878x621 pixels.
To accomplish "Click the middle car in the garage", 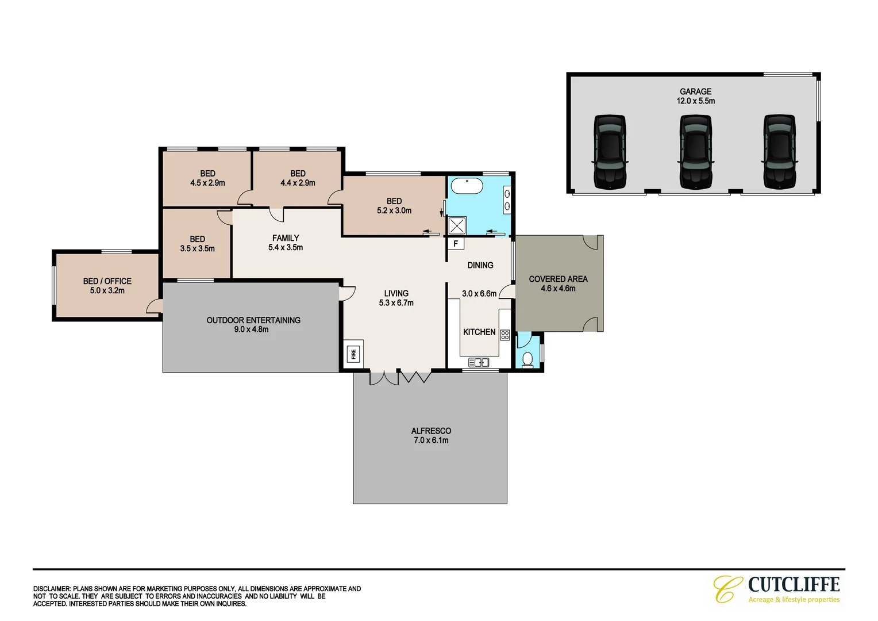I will click(695, 152).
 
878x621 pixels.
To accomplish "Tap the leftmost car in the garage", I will click(609, 152).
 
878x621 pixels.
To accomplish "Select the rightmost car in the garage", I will click(780, 152).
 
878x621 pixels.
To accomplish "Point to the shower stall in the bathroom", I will click(457, 225).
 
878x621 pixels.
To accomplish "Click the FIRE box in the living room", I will click(353, 354).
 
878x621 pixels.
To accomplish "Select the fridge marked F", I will click(456, 244).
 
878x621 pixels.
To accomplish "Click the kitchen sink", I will click(478, 362).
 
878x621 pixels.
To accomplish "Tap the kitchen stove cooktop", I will click(505, 334).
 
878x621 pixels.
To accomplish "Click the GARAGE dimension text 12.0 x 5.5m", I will click(695, 101).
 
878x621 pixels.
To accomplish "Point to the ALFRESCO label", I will click(431, 431).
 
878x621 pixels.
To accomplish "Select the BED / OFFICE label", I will click(107, 281).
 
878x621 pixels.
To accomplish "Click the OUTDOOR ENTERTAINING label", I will click(253, 320).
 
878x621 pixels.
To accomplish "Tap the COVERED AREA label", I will click(558, 279).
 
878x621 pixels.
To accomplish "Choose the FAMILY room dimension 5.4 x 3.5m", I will click(286, 248).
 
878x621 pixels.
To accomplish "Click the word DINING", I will click(480, 265).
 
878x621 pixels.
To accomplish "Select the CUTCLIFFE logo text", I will click(794, 585).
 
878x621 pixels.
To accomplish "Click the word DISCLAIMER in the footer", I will click(52, 589).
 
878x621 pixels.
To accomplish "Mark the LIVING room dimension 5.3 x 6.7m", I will click(396, 303).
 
